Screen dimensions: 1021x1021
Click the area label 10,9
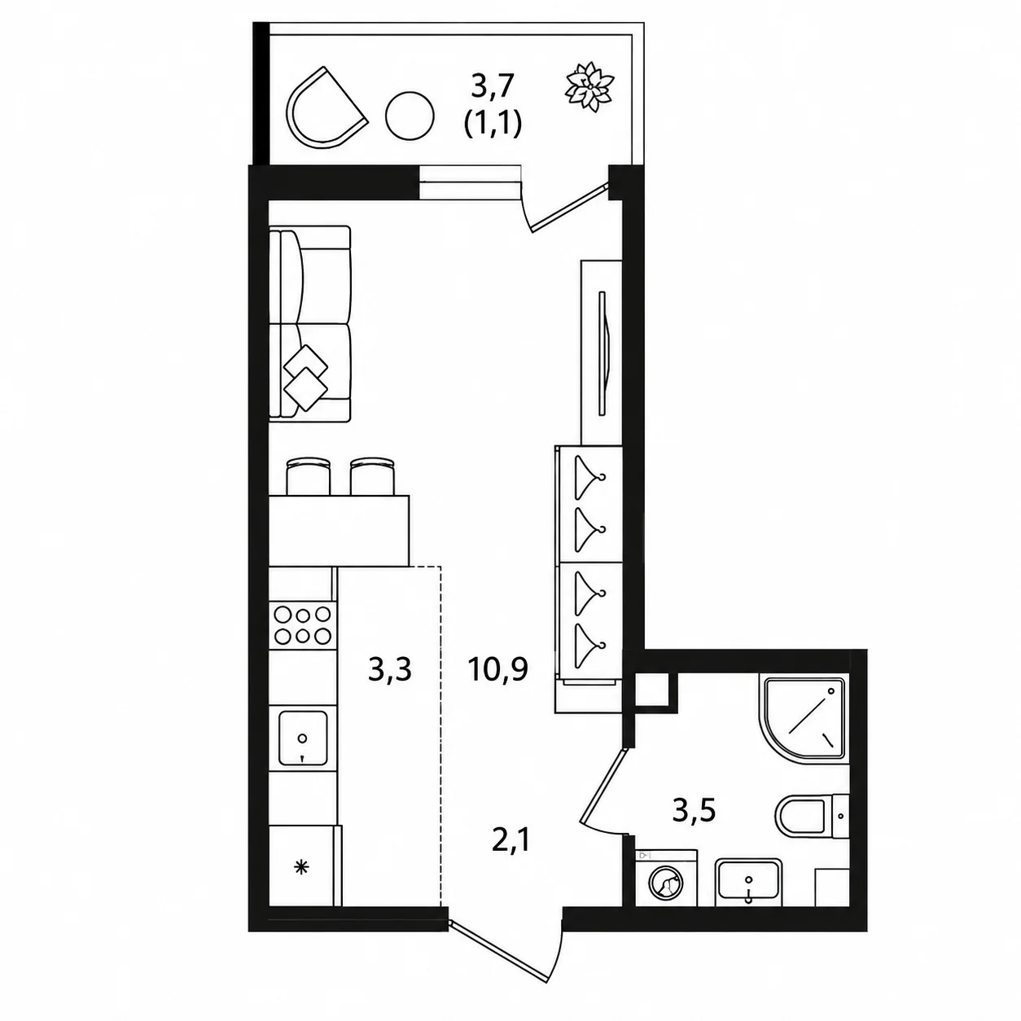pos(497,670)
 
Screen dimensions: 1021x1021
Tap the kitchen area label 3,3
pos(389,670)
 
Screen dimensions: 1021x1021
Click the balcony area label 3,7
pos(493,86)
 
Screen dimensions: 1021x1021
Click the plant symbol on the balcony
pos(589,87)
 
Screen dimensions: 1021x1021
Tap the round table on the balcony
pos(410,117)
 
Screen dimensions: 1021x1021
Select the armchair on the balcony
pos(324,107)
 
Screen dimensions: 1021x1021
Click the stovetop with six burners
pos(303,625)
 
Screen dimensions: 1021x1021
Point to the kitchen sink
pos(303,738)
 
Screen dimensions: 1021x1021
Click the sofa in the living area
pos(310,324)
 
